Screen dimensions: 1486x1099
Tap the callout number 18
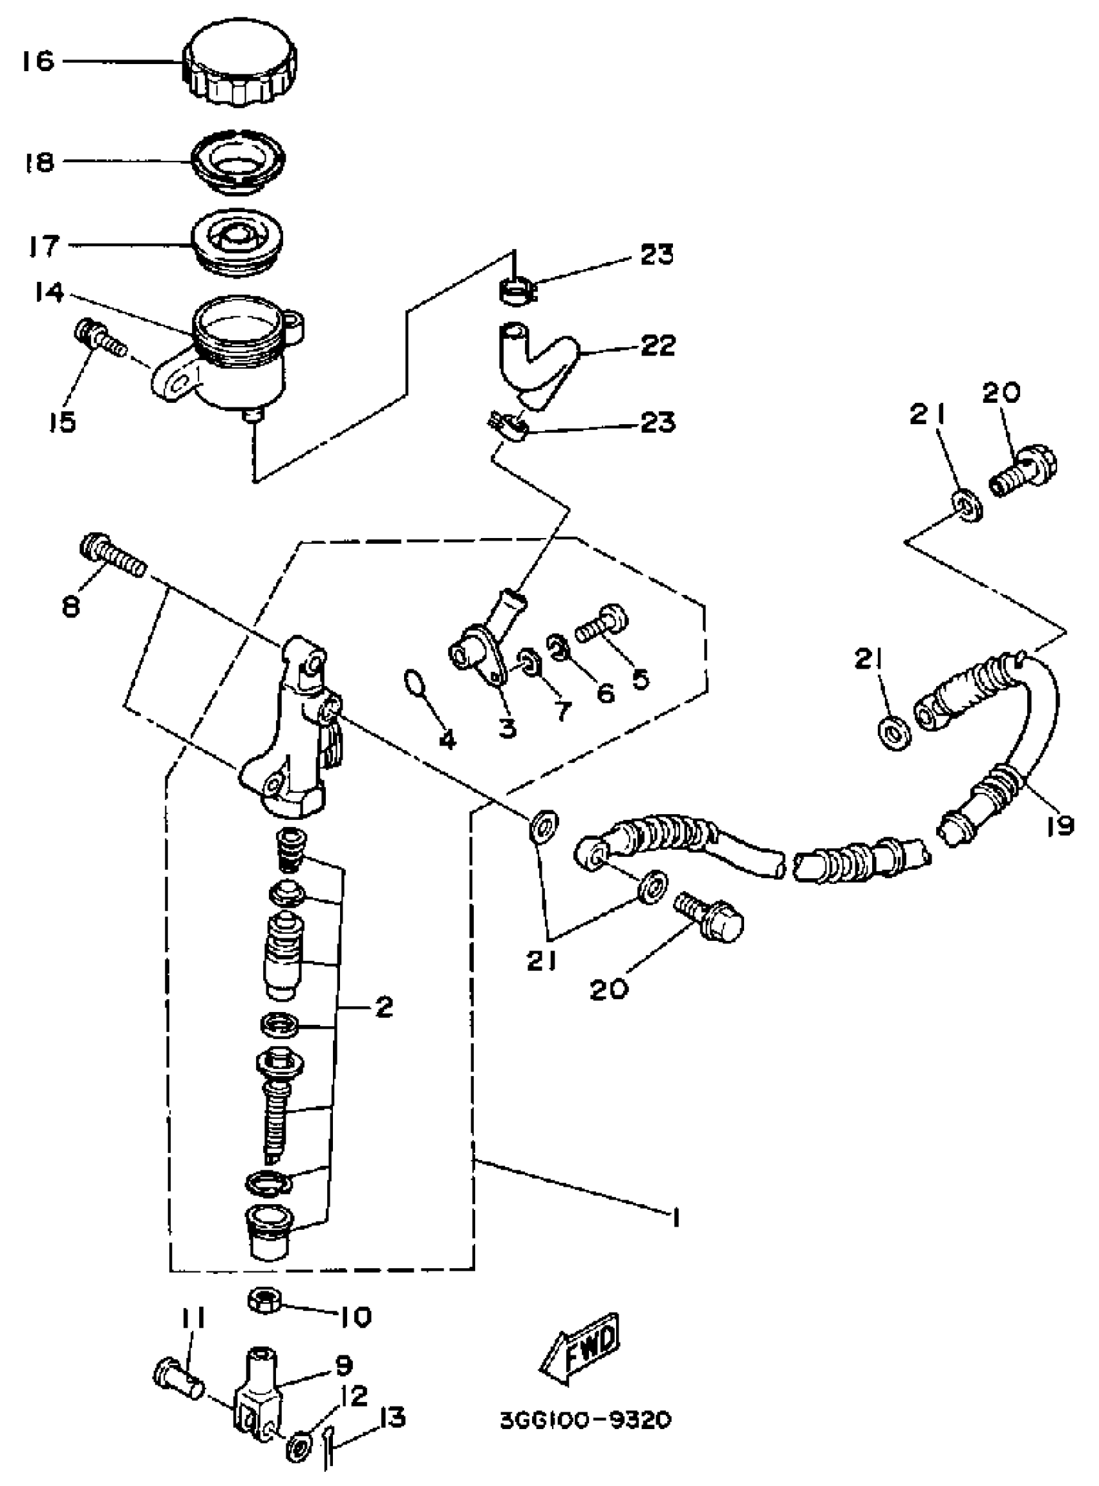click(x=39, y=162)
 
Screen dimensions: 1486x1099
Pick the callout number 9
click(x=343, y=1365)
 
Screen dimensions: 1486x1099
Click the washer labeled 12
click(x=297, y=1445)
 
